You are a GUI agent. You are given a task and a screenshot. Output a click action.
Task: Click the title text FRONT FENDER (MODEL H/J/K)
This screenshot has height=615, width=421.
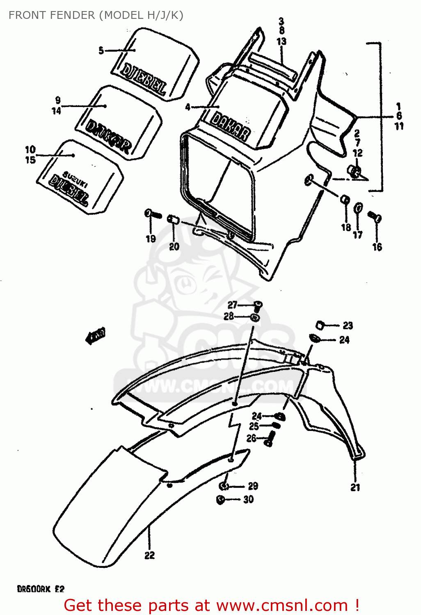click(96, 15)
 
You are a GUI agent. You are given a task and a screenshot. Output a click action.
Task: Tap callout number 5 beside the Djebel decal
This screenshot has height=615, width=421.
click(101, 50)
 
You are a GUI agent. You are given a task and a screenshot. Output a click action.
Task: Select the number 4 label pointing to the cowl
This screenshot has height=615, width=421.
click(188, 107)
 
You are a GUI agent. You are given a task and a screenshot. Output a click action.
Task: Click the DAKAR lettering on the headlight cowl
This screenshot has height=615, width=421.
click(230, 126)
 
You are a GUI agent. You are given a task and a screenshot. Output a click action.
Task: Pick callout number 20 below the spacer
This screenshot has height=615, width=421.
click(174, 246)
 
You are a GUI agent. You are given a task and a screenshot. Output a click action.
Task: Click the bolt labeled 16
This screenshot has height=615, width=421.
click(375, 217)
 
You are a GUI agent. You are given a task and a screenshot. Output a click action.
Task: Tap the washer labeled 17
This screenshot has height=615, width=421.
click(358, 208)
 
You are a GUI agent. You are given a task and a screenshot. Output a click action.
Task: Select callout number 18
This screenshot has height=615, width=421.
click(346, 227)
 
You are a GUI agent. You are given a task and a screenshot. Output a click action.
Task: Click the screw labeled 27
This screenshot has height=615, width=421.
click(258, 305)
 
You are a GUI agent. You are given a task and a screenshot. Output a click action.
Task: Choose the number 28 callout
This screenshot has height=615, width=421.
click(229, 316)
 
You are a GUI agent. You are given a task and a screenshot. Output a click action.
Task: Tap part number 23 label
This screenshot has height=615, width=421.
click(348, 326)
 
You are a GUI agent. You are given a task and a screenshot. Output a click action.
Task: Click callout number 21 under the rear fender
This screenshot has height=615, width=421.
click(355, 487)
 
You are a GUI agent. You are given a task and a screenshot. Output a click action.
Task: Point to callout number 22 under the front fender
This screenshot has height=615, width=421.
click(149, 555)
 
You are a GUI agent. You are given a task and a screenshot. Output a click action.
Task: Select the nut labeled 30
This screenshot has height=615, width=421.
click(220, 500)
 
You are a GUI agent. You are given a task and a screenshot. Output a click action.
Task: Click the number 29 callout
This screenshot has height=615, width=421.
click(253, 486)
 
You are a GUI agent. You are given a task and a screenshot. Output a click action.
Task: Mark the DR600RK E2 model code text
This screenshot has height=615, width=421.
click(41, 589)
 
